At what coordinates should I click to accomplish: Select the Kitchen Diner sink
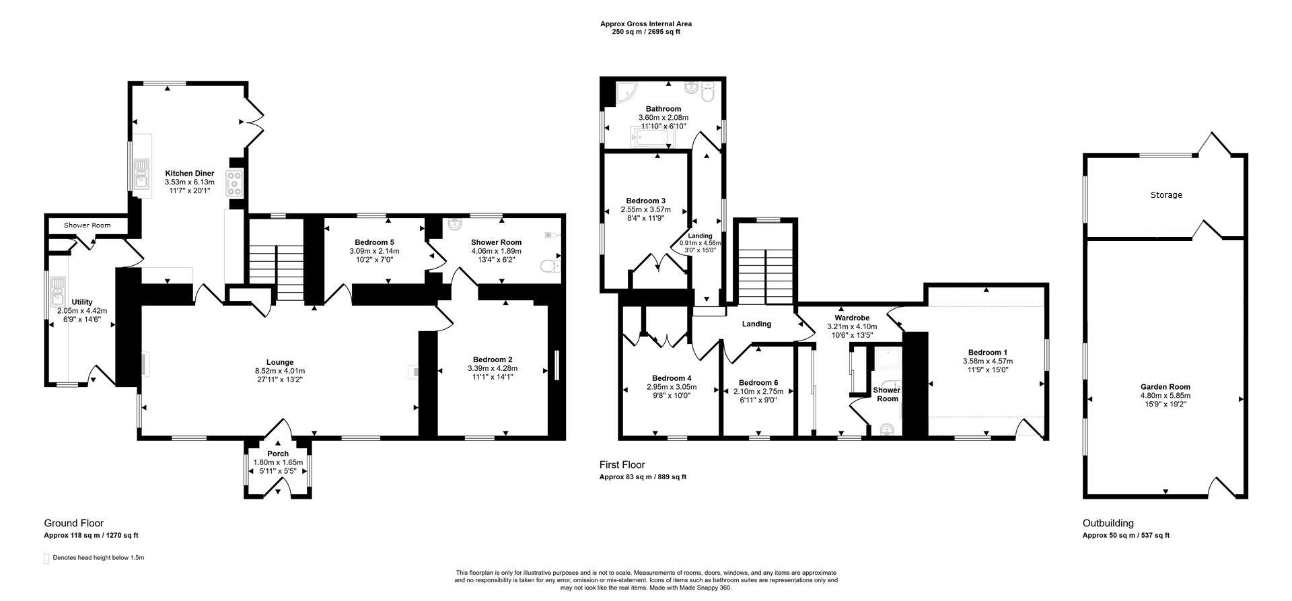point(141,173)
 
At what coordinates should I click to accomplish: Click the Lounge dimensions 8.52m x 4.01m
point(279,372)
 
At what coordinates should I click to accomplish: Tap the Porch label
point(278,454)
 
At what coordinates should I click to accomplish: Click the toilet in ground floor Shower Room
point(550,268)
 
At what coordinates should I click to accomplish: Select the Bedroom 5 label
point(374,242)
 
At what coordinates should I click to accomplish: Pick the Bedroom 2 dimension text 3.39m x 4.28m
point(493,368)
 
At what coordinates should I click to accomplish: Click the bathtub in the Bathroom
point(649,139)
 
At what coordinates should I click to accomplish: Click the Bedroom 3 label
point(645,201)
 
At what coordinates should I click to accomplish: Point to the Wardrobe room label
point(852,318)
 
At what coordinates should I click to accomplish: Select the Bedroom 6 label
point(758,382)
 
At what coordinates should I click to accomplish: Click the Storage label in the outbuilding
point(1165,195)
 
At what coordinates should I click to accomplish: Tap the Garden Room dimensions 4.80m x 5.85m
point(1165,396)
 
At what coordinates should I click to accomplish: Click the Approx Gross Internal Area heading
point(645,24)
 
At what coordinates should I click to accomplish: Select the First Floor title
point(622,465)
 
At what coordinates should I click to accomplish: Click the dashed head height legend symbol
point(46,559)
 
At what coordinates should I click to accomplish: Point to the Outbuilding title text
point(1108,523)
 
